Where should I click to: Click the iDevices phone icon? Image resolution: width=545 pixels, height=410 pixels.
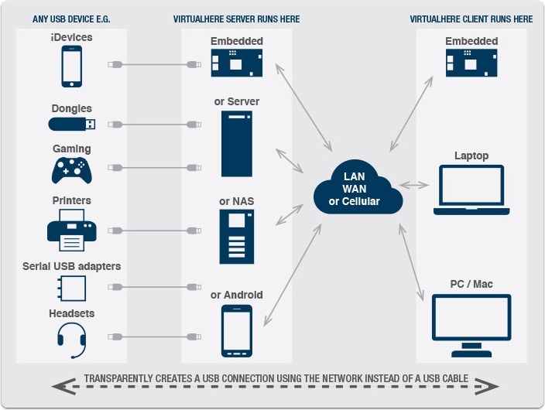coord(71,67)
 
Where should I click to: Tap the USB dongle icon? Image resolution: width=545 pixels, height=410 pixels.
coord(71,124)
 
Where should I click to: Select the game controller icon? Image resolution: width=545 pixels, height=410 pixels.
coord(71,170)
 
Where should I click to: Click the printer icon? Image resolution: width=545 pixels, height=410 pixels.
coord(71,230)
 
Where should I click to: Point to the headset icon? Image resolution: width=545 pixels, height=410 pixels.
coord(71,340)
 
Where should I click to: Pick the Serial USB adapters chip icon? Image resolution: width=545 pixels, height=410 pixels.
coord(71,288)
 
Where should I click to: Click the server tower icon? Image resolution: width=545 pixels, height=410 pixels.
coord(237,144)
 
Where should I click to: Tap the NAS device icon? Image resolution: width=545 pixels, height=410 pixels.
coord(237,237)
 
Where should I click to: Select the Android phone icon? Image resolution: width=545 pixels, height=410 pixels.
coord(237,331)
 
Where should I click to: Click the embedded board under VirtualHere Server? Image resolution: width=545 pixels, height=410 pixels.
coord(237,63)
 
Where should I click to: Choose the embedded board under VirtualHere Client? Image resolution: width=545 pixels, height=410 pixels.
coord(471,63)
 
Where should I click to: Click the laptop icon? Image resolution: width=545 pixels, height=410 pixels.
coord(471,190)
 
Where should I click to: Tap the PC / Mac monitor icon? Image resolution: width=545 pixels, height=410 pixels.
coord(471,326)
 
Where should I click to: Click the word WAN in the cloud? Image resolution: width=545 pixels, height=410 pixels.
coord(355,189)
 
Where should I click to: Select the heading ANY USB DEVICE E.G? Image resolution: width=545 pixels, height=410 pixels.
coord(71,19)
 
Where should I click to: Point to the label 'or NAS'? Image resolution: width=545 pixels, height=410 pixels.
coord(236,201)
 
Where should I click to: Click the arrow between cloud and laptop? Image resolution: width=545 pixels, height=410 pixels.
coord(413,185)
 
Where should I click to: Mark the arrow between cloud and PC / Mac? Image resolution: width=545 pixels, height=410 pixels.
coord(411,262)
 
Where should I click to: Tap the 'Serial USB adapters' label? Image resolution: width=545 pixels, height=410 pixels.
coord(71,266)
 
